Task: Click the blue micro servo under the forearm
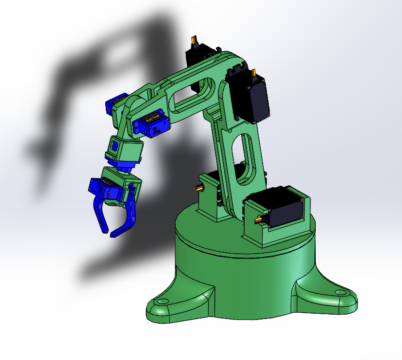pyautogui.click(x=153, y=125)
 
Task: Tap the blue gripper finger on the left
pyautogui.click(x=101, y=215)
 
